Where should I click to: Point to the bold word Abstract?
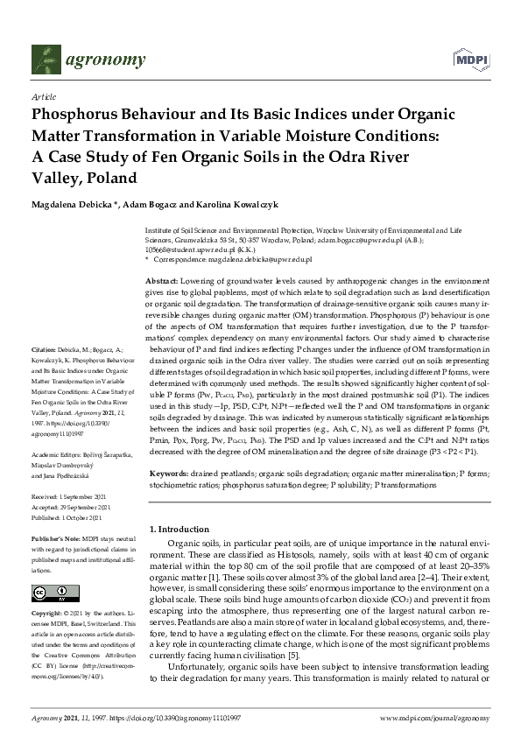[x=161, y=277]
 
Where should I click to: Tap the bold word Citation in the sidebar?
[x=46, y=375]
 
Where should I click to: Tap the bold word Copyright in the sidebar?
[x=49, y=615]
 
